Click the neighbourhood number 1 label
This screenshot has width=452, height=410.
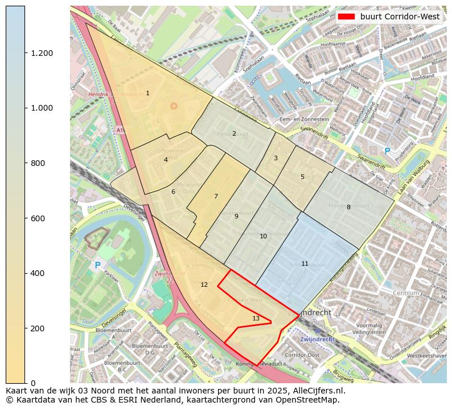[147, 93]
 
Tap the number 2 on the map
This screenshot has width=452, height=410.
[234, 134]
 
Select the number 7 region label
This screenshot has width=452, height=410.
[216, 196]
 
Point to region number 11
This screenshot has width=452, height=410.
[305, 263]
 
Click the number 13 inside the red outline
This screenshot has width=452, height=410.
[256, 318]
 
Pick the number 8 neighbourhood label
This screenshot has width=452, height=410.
[348, 207]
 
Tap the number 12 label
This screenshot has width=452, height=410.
[204, 285]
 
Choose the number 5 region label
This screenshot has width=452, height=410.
[302, 177]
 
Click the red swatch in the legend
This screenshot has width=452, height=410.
[346, 17]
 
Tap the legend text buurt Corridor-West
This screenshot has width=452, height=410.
[400, 17]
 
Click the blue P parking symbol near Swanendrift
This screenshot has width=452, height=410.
[387, 151]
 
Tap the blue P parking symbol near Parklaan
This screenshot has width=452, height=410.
[97, 265]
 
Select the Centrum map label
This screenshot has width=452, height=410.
[405, 293]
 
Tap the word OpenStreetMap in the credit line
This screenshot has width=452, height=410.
[310, 400]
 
